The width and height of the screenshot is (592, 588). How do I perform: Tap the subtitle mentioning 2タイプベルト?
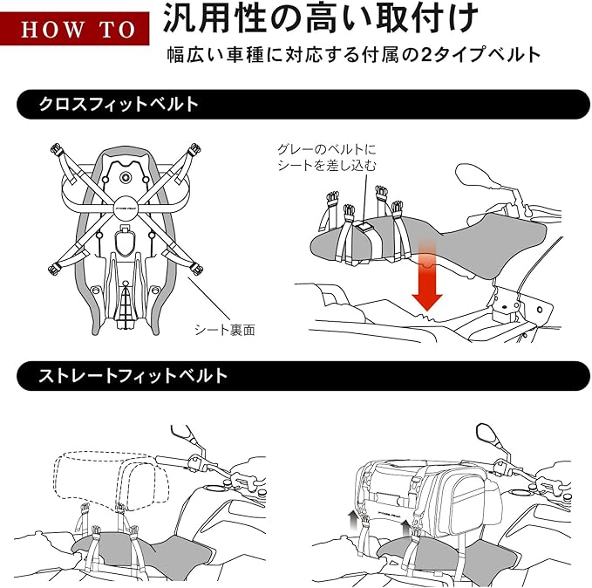[x=354, y=54]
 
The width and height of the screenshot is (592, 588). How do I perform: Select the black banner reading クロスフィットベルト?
[x=296, y=104]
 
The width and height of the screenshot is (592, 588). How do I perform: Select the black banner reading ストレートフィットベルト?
[x=296, y=376]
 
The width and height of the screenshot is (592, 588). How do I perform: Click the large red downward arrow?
[x=426, y=277]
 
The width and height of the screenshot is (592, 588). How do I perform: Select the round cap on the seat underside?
[x=128, y=178]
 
